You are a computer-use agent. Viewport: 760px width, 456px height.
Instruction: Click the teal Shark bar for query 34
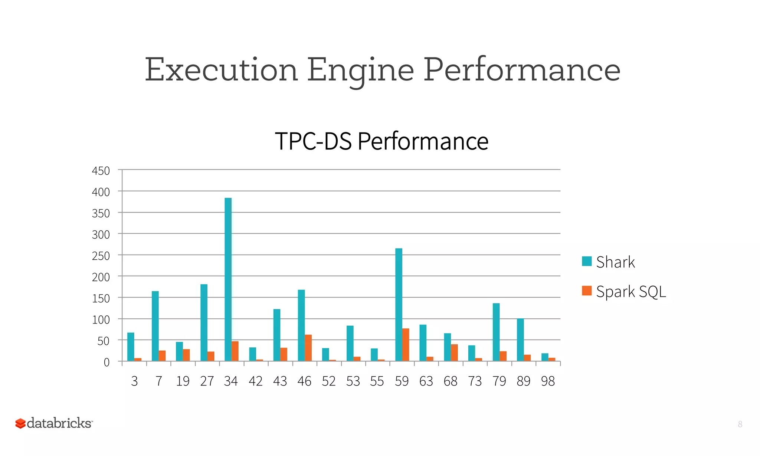pos(228,279)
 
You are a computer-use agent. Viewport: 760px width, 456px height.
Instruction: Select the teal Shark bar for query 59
pos(399,304)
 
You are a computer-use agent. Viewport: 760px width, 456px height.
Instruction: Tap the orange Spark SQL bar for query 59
pos(406,344)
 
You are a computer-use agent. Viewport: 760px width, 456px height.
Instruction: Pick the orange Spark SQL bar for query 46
pos(308,348)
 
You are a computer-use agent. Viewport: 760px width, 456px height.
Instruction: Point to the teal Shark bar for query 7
pos(155,326)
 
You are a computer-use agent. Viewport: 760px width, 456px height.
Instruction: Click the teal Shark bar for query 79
pos(496,332)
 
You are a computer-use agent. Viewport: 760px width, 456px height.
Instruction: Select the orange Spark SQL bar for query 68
pos(454,352)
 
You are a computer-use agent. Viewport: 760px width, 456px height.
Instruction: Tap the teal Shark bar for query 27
pos(204,322)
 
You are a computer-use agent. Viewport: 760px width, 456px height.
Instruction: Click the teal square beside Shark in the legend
pos(587,261)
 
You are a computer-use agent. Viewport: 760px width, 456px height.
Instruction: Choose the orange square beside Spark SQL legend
pos(587,291)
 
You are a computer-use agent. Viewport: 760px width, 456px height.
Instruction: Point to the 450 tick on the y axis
pos(101,171)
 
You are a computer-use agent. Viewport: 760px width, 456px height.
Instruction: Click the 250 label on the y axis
pos(101,256)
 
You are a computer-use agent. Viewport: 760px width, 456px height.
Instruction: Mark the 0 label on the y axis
pos(107,362)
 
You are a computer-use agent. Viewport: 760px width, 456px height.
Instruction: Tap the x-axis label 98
pos(548,381)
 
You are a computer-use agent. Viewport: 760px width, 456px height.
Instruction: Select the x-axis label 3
pos(134,381)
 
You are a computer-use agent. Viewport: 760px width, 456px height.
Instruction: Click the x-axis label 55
pos(377,381)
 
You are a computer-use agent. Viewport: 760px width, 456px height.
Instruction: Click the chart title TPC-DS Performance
pos(381,141)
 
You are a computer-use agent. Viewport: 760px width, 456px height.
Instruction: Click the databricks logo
pos(54,423)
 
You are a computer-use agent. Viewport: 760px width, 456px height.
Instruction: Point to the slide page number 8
pos(740,424)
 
